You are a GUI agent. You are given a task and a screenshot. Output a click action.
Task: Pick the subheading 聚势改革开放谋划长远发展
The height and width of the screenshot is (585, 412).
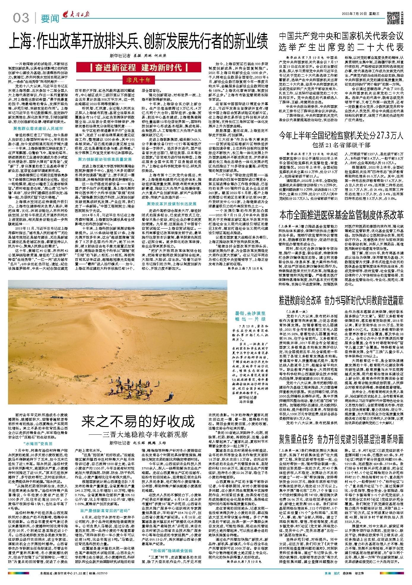pyautogui.click(x=172, y=204)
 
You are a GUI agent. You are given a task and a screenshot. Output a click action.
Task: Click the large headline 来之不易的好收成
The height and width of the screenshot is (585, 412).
pyautogui.click(x=138, y=421)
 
